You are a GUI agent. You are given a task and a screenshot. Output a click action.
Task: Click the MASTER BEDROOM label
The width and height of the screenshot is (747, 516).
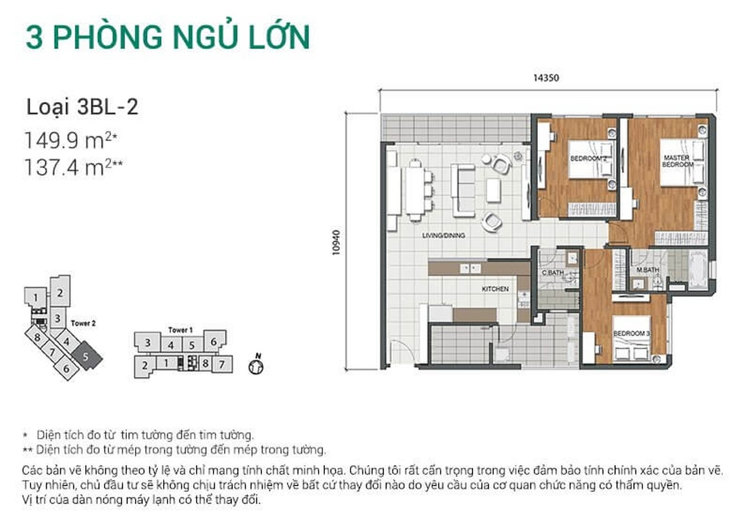[x=678, y=161]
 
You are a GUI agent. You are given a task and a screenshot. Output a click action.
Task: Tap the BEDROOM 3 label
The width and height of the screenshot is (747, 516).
[x=632, y=333]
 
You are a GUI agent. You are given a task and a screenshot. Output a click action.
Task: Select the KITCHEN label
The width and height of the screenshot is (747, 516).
[x=495, y=289]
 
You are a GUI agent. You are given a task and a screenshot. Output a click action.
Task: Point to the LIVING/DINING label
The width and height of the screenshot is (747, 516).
[x=443, y=235]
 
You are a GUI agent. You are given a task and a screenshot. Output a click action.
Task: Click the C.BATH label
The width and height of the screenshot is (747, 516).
[x=553, y=273]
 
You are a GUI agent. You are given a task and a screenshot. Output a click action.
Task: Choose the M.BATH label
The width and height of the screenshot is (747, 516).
[x=647, y=270]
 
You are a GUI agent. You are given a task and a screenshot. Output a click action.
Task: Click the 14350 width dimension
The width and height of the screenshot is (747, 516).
[x=546, y=78]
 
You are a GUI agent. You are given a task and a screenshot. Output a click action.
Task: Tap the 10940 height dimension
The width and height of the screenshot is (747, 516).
[x=336, y=243]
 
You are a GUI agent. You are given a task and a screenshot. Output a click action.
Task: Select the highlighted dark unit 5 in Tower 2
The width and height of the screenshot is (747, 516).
[x=87, y=355]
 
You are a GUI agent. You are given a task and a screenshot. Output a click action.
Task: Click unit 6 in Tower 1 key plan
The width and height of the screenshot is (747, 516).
[x=214, y=342]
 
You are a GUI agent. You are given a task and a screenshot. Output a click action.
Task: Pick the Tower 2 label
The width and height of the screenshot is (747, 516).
[x=83, y=323]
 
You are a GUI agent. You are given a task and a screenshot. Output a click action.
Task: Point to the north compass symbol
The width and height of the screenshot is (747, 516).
[x=256, y=365]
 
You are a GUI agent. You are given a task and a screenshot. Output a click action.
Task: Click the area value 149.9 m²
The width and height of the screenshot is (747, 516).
[x=71, y=140]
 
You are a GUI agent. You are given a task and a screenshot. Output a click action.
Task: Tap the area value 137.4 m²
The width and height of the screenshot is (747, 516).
[x=73, y=167]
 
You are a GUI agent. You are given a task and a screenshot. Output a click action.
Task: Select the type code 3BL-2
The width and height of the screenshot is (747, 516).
[x=107, y=108]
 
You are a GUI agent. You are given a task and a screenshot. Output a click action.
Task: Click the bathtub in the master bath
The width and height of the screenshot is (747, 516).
[x=698, y=270]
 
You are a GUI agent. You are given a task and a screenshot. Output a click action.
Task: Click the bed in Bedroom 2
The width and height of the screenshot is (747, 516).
[x=592, y=159]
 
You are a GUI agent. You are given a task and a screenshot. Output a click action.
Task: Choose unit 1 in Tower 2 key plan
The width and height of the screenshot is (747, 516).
[x=35, y=296]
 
